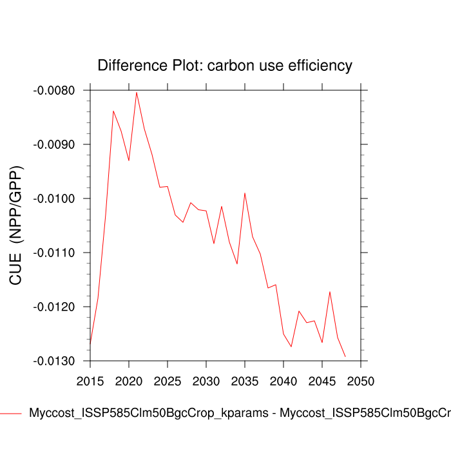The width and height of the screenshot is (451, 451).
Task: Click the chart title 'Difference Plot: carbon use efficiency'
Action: pyautogui.click(x=225, y=66)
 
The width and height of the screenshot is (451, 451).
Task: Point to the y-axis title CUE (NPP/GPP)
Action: pyautogui.click(x=17, y=225)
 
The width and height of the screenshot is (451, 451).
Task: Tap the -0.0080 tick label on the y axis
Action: pyautogui.click(x=53, y=90)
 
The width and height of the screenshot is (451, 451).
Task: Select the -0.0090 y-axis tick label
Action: pyautogui.click(x=53, y=144)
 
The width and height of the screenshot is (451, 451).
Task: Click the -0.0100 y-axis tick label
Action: pyautogui.click(x=53, y=198)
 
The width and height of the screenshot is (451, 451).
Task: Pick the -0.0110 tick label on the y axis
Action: pyautogui.click(x=53, y=253)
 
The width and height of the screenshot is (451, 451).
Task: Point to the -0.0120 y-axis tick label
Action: pyautogui.click(x=53, y=307)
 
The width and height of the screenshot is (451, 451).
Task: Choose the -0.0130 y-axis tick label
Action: pyautogui.click(x=53, y=361)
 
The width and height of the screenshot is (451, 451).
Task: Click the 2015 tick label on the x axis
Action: pyautogui.click(x=90, y=381)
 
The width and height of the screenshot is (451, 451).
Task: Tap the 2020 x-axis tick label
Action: pyautogui.click(x=129, y=381)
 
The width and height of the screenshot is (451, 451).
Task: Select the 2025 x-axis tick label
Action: pyautogui.click(x=168, y=381)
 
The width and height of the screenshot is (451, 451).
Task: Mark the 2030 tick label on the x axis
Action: pyautogui.click(x=206, y=381)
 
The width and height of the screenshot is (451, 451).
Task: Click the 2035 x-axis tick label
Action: pyautogui.click(x=245, y=381)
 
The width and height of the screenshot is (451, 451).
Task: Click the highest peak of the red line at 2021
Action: pyautogui.click(x=137, y=92)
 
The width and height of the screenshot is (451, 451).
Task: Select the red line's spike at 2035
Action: pyautogui.click(x=245, y=193)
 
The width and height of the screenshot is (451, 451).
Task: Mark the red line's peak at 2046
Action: pyautogui.click(x=330, y=292)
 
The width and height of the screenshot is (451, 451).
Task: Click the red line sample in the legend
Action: pyautogui.click(x=11, y=413)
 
